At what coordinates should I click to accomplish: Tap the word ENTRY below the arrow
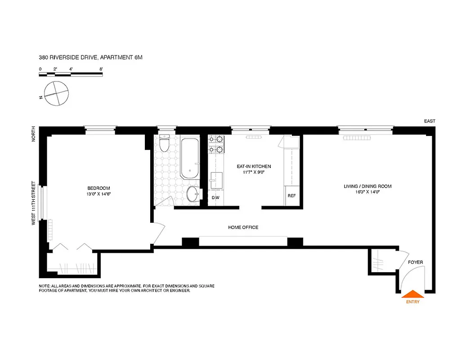pyautogui.click(x=412, y=301)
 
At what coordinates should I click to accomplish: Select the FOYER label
pyautogui.click(x=415, y=262)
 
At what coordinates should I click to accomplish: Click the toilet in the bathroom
pyautogui.click(x=164, y=144)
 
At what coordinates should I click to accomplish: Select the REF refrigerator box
pyautogui.click(x=291, y=196)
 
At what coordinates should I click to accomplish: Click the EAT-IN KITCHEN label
pyautogui.click(x=254, y=166)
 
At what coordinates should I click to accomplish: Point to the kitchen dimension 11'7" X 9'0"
pyautogui.click(x=254, y=172)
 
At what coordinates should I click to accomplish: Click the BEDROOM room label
pyautogui.click(x=99, y=188)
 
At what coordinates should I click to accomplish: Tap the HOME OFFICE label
pyautogui.click(x=243, y=227)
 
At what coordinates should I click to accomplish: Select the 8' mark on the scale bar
pyautogui.click(x=101, y=69)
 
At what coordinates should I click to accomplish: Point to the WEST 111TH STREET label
pyautogui.click(x=33, y=203)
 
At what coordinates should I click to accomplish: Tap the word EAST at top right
pyautogui.click(x=429, y=121)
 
